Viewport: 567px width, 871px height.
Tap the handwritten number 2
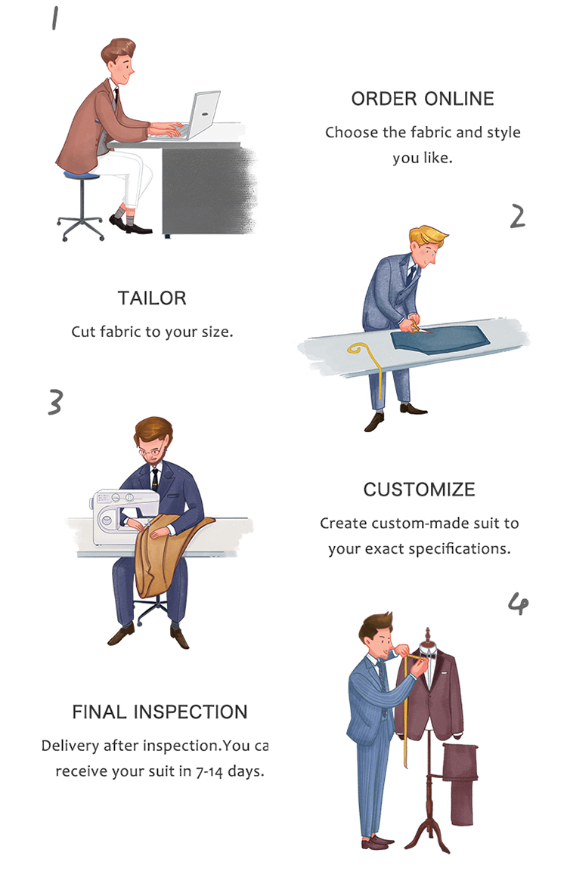click(518, 216)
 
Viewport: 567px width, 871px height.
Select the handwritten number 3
click(55, 402)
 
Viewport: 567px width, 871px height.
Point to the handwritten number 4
click(518, 604)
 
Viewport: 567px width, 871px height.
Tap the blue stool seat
click(82, 175)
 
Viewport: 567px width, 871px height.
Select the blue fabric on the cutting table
click(440, 338)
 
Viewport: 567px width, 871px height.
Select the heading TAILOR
click(152, 298)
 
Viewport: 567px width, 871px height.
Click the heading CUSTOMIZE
click(419, 490)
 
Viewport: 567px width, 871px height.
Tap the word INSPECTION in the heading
click(191, 712)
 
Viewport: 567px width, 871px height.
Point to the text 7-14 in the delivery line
click(209, 771)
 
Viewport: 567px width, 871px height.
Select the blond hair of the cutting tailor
click(427, 234)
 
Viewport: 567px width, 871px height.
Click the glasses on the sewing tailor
click(152, 452)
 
